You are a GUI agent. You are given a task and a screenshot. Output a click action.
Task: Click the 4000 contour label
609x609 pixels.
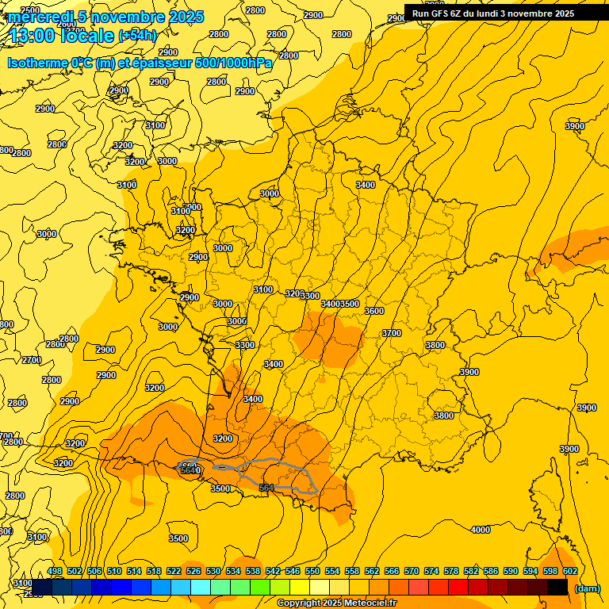[480, 530]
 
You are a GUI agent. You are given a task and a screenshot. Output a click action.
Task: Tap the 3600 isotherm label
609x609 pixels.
[374, 312]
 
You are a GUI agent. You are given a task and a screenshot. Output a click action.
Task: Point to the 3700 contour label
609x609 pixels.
[392, 334]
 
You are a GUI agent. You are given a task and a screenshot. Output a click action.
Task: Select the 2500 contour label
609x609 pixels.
[29, 10]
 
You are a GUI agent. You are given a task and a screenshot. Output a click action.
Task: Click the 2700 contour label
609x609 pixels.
[31, 360]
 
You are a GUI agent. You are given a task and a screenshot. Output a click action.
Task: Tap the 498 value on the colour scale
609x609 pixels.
[55, 571]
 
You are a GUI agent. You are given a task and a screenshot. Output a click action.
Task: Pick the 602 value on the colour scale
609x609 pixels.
[569, 571]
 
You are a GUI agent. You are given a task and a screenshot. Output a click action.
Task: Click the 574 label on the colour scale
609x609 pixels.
[431, 571]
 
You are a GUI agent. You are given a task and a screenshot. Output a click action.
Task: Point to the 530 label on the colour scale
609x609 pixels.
[213, 571]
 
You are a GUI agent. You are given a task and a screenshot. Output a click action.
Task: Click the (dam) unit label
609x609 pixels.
[587, 588]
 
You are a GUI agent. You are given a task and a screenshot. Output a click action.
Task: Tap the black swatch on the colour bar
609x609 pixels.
[557, 587]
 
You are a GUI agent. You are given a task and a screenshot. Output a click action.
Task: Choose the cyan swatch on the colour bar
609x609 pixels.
[201, 587]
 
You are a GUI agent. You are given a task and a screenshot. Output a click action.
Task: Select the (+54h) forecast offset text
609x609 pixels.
[137, 36]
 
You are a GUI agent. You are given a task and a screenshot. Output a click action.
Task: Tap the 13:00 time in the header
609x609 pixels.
[31, 36]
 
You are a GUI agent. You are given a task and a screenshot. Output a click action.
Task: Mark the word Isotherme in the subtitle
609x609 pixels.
[36, 63]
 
